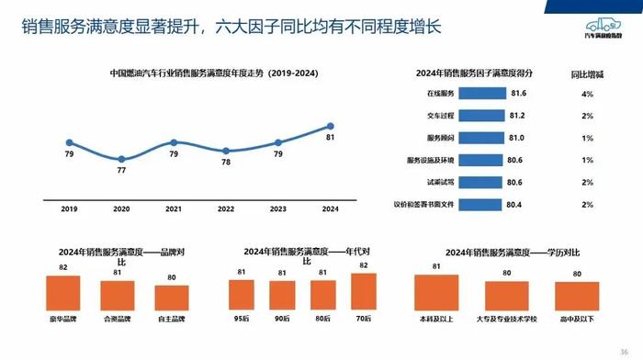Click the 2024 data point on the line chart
(x=331, y=126)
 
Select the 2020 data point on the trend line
(x=121, y=159)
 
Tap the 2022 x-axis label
(x=226, y=209)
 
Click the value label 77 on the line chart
(x=121, y=171)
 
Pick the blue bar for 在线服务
(x=482, y=94)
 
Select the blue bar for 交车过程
(x=481, y=116)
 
